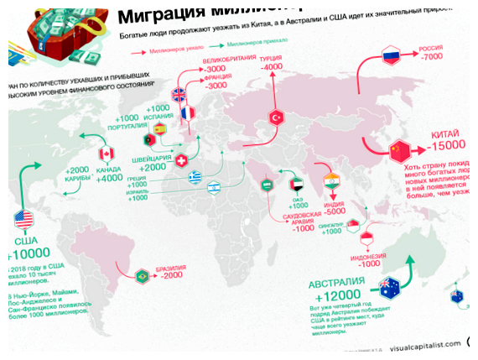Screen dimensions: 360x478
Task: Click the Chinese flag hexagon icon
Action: [400, 152]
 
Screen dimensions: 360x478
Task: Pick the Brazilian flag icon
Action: [142, 274]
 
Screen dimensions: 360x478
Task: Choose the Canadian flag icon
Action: [106, 154]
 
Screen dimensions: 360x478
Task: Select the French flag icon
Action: [188, 112]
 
